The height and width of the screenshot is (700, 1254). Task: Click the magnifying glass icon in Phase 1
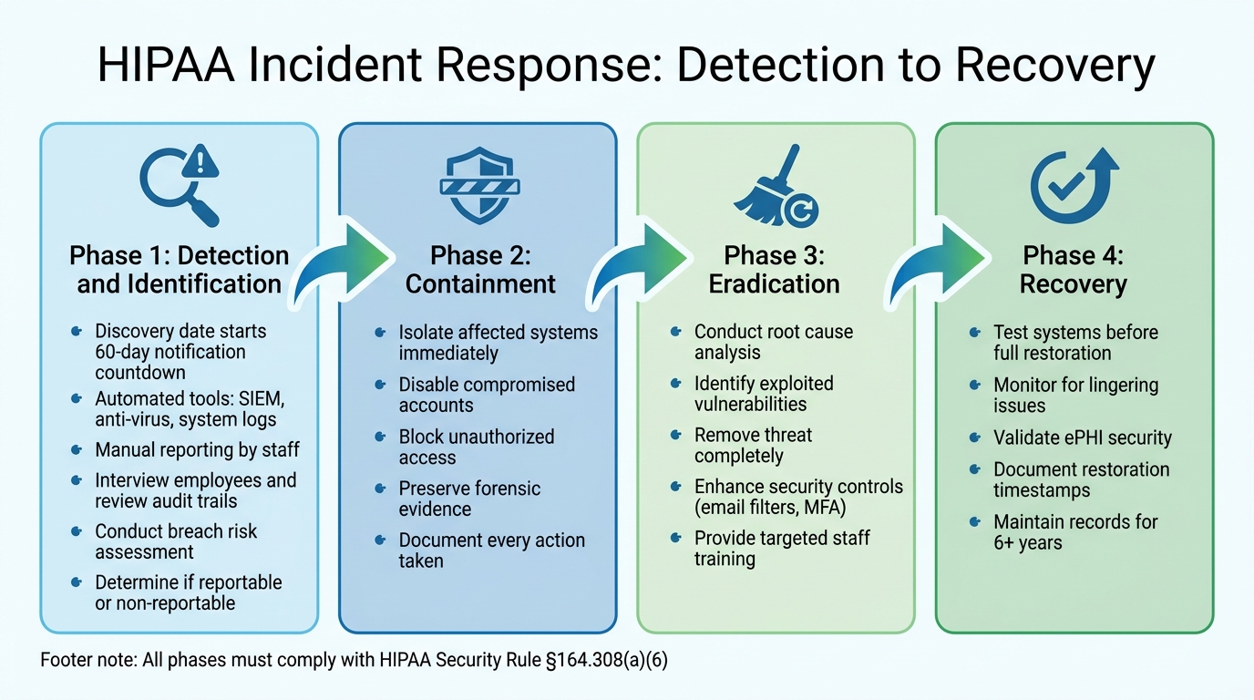coord(179,187)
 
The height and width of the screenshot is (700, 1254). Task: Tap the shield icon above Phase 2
coord(479,187)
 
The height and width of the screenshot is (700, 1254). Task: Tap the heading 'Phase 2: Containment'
coord(480,269)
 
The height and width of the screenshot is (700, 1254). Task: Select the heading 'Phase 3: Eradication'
coord(774,269)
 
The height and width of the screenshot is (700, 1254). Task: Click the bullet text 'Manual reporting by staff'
coord(197,449)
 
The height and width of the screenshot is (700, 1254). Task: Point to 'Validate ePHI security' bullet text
coord(1082,437)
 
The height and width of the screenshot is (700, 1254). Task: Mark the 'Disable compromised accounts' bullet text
coord(487,395)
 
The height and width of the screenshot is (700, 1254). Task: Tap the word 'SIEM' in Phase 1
coord(263,399)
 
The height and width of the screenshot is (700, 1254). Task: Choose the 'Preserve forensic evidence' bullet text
coord(469,499)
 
